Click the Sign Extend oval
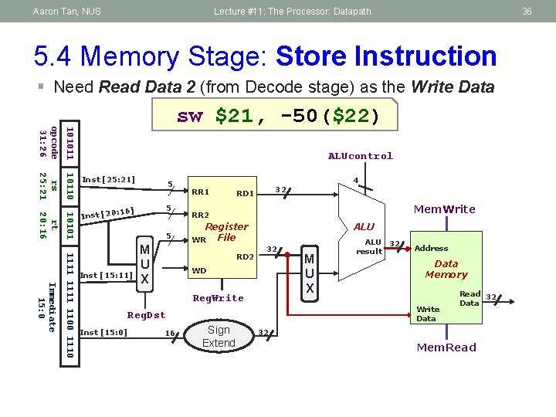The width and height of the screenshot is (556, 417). tap(219, 336)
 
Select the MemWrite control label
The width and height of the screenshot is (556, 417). tap(445, 209)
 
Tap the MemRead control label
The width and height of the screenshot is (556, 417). tap(446, 347)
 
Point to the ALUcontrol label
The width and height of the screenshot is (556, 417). tap(361, 156)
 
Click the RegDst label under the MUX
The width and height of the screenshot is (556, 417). tap(146, 315)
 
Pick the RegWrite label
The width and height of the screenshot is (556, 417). tap(218, 298)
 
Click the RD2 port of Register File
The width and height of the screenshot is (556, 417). tap(245, 256)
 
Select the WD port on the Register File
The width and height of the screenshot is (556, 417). tap(199, 270)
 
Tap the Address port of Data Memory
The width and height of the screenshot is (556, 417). tap(431, 248)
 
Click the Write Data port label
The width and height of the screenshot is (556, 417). tap(428, 314)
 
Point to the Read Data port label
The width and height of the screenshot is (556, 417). tap(470, 299)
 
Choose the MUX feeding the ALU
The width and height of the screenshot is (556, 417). tap(310, 273)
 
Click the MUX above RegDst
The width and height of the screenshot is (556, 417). tap(144, 264)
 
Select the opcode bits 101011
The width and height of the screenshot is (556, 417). tap(70, 144)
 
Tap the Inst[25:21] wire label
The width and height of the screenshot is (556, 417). tap(109, 179)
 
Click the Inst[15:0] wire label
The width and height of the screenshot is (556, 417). tap(103, 333)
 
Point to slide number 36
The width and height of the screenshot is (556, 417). tap(527, 12)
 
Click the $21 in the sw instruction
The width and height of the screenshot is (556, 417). tap(234, 116)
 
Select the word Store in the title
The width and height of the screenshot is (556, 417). tap(311, 56)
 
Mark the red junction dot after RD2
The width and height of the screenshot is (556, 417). tap(287, 255)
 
